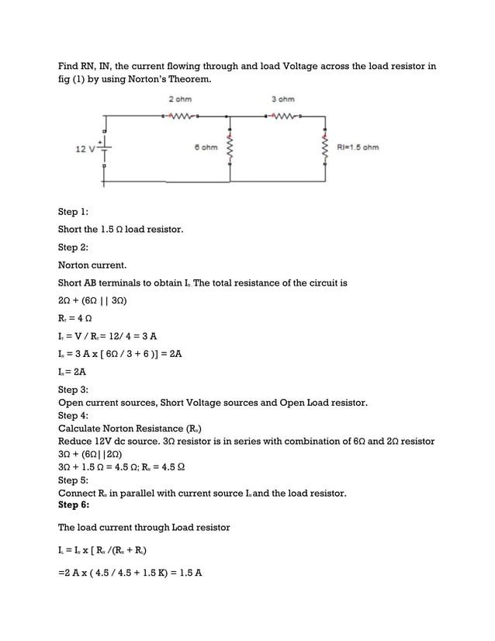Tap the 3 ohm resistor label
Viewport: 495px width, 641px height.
(283, 99)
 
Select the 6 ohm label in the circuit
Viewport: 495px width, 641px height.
(206, 147)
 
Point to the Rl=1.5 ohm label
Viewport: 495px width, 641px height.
(358, 147)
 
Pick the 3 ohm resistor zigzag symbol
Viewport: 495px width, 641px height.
(282, 117)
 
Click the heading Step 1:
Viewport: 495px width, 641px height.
(73, 212)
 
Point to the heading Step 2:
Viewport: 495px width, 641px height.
(73, 248)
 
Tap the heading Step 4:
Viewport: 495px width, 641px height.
(73, 415)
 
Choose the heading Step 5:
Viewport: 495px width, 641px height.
(73, 480)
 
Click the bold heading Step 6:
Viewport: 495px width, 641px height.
(74, 504)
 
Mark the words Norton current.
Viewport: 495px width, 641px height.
(92, 265)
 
